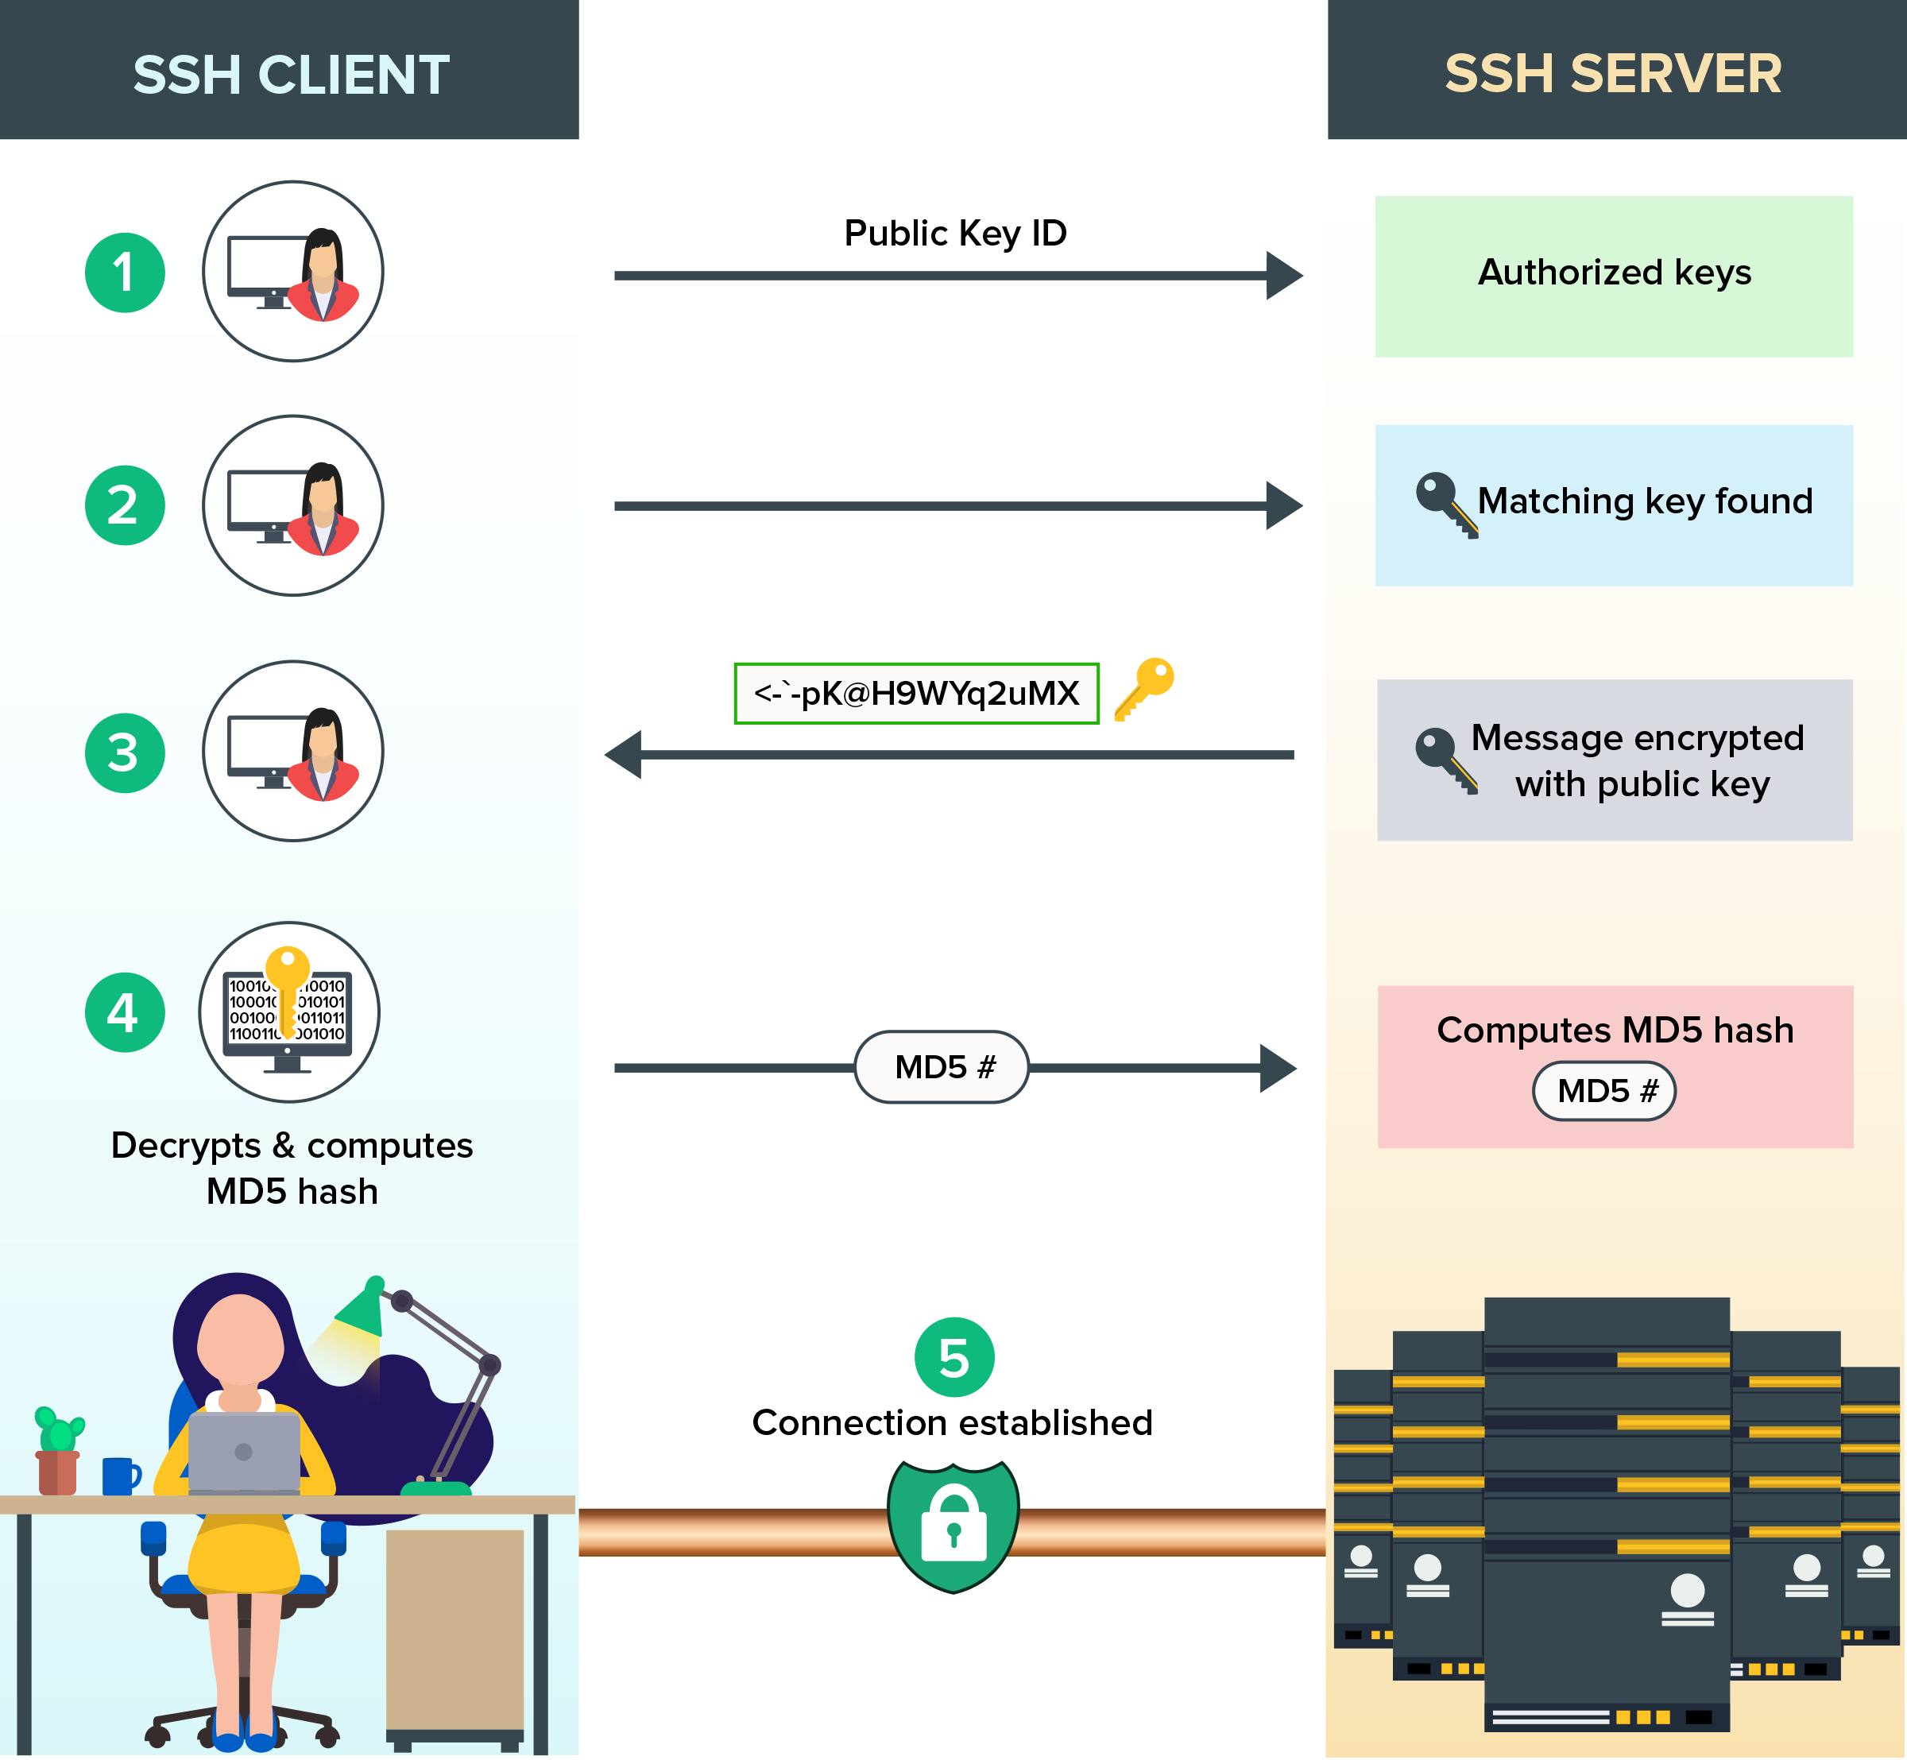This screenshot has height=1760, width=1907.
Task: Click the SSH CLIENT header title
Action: click(x=291, y=74)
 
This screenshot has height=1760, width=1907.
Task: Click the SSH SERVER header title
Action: click(x=1613, y=73)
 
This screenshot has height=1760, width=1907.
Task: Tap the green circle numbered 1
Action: click(x=125, y=273)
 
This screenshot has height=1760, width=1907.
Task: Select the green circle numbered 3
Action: click(x=125, y=752)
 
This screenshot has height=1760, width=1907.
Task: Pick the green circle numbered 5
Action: click(x=953, y=1357)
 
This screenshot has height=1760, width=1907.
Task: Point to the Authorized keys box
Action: click(x=1614, y=277)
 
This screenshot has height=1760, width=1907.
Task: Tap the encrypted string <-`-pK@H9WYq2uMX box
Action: click(x=916, y=694)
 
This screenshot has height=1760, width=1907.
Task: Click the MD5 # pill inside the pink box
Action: click(x=1604, y=1090)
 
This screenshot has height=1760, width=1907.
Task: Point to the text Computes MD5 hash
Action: click(x=1615, y=1030)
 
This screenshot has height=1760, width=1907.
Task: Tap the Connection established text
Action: click(x=952, y=1422)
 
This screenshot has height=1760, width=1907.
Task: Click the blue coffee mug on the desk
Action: click(x=119, y=1476)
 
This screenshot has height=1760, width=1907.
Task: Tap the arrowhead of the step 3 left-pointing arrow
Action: click(x=624, y=754)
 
